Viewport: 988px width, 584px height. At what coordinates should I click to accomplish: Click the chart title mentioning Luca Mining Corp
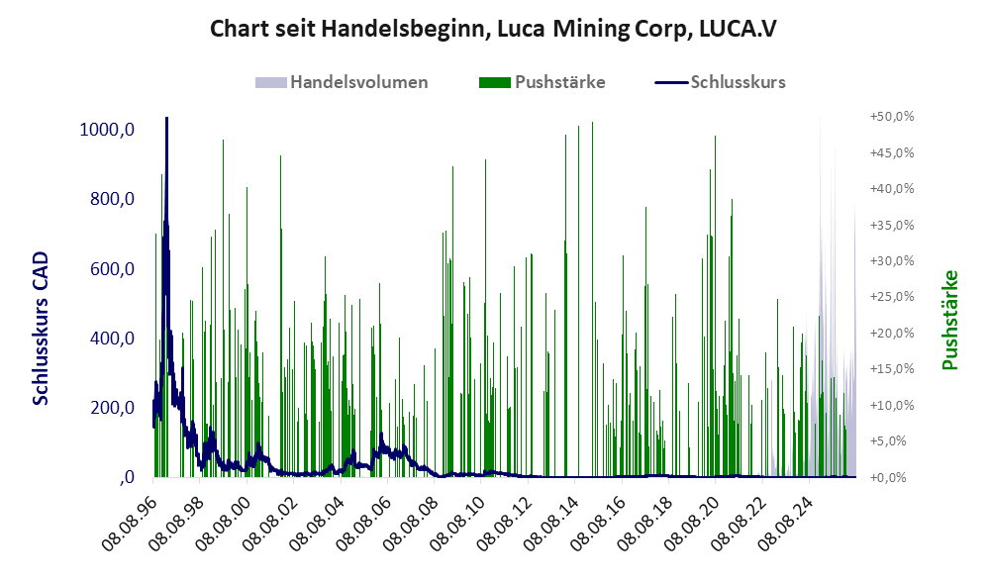tap(493, 29)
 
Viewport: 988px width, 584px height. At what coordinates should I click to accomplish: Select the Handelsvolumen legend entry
tap(342, 82)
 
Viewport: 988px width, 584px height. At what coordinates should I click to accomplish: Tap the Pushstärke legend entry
tap(542, 82)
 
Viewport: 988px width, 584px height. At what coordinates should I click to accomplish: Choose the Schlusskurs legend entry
tap(720, 82)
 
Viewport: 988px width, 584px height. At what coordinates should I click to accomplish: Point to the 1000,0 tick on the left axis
tap(107, 130)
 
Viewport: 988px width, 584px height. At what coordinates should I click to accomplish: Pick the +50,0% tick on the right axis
tap(892, 117)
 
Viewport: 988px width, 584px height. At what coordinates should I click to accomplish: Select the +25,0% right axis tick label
tap(892, 297)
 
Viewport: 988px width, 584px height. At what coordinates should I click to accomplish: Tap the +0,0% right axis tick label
tap(892, 477)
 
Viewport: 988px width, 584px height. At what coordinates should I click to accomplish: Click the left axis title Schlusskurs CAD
tap(41, 329)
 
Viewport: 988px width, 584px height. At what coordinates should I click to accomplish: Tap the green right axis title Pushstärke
tap(949, 320)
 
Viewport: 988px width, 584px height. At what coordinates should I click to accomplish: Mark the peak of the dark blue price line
tap(167, 118)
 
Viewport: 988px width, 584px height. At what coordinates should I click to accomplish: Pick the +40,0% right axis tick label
tap(892, 188)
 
